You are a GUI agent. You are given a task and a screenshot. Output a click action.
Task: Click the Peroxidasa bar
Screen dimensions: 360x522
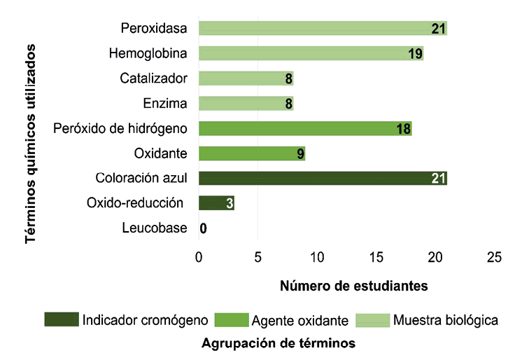(x=322, y=29)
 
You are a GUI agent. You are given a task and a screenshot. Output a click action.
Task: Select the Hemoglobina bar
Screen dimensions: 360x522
(x=311, y=54)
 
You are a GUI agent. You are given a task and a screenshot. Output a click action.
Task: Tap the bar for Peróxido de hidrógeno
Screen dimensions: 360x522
(x=304, y=129)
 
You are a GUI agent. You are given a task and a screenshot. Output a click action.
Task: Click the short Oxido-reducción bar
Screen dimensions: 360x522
(x=216, y=203)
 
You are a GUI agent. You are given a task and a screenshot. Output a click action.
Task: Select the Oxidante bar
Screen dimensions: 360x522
(x=251, y=153)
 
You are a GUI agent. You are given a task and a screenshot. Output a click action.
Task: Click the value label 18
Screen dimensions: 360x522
(x=403, y=129)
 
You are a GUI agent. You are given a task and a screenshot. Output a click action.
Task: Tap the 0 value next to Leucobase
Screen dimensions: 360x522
(x=203, y=228)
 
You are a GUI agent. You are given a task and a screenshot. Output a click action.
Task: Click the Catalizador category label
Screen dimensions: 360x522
(x=153, y=78)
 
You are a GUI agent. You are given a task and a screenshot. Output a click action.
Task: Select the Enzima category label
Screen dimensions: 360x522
(x=165, y=104)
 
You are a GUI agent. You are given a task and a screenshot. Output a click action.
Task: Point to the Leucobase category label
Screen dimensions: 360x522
(x=154, y=228)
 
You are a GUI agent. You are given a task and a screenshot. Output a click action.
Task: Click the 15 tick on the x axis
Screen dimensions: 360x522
(x=376, y=258)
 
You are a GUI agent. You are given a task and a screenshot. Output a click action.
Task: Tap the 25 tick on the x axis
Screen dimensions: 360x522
(x=494, y=258)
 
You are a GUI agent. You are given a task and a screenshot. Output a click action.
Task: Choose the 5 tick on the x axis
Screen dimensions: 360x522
(x=258, y=258)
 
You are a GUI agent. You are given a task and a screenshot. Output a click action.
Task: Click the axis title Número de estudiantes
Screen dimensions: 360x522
(x=354, y=286)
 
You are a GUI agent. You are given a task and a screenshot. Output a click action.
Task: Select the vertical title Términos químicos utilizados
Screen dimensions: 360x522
(x=31, y=143)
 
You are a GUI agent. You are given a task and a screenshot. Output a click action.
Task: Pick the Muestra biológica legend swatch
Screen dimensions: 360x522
(x=373, y=320)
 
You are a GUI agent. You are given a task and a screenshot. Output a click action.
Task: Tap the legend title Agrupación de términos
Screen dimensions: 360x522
(x=278, y=344)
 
